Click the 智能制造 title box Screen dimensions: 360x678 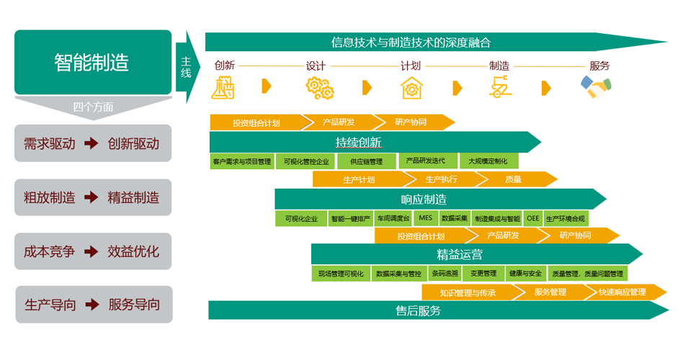(92, 62)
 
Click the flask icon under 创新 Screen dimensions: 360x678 (223, 87)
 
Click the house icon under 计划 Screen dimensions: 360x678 (411, 87)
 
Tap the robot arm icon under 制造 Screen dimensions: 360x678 (499, 87)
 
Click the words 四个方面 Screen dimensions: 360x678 (93, 107)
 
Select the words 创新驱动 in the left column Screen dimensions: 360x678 (133, 143)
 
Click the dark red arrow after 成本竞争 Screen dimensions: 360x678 (91, 251)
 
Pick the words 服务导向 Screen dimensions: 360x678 (134, 305)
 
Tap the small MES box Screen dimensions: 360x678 (425, 218)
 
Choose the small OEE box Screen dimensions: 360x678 (532, 218)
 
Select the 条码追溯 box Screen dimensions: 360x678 (445, 274)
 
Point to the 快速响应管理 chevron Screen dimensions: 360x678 (622, 292)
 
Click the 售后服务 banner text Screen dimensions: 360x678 (418, 311)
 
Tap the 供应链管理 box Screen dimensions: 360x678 (365, 161)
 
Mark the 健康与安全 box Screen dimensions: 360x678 (525, 274)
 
